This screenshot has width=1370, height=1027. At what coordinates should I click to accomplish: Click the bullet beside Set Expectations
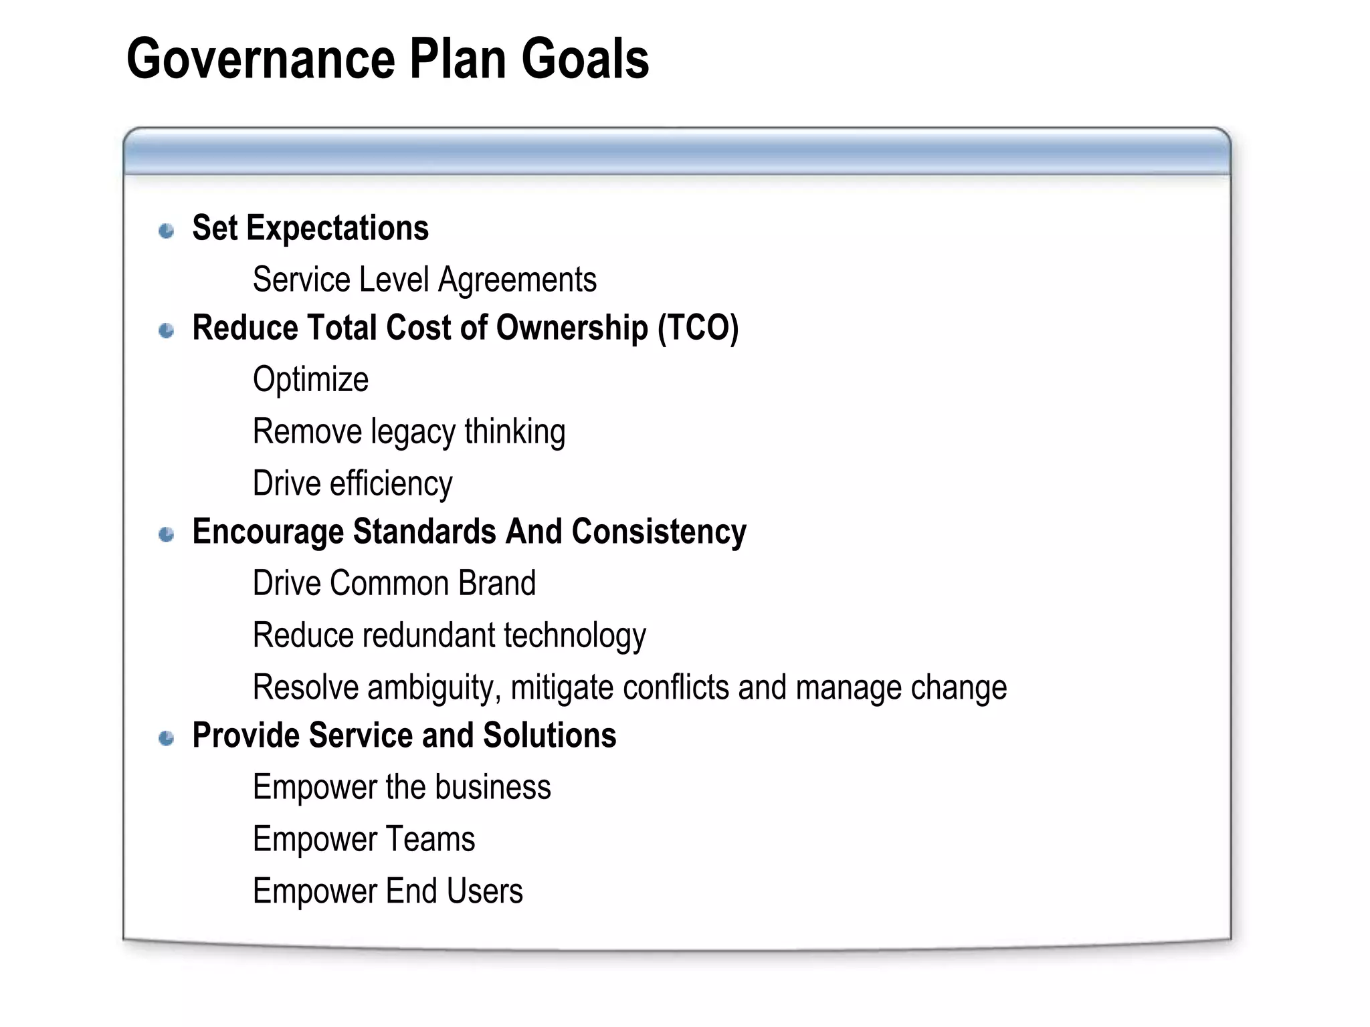tap(167, 231)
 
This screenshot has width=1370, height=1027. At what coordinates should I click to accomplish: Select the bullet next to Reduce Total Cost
tap(167, 330)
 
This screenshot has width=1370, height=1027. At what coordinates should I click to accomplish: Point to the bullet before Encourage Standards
tap(167, 534)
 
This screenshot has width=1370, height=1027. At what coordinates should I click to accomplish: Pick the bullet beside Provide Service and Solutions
tap(167, 738)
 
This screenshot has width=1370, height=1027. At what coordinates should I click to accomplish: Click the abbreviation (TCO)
tap(698, 328)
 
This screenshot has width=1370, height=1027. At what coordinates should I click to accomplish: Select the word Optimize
tap(310, 380)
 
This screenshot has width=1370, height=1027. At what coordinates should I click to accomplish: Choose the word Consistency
tap(659, 532)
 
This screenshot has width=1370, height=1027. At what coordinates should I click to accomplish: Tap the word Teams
tap(430, 839)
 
